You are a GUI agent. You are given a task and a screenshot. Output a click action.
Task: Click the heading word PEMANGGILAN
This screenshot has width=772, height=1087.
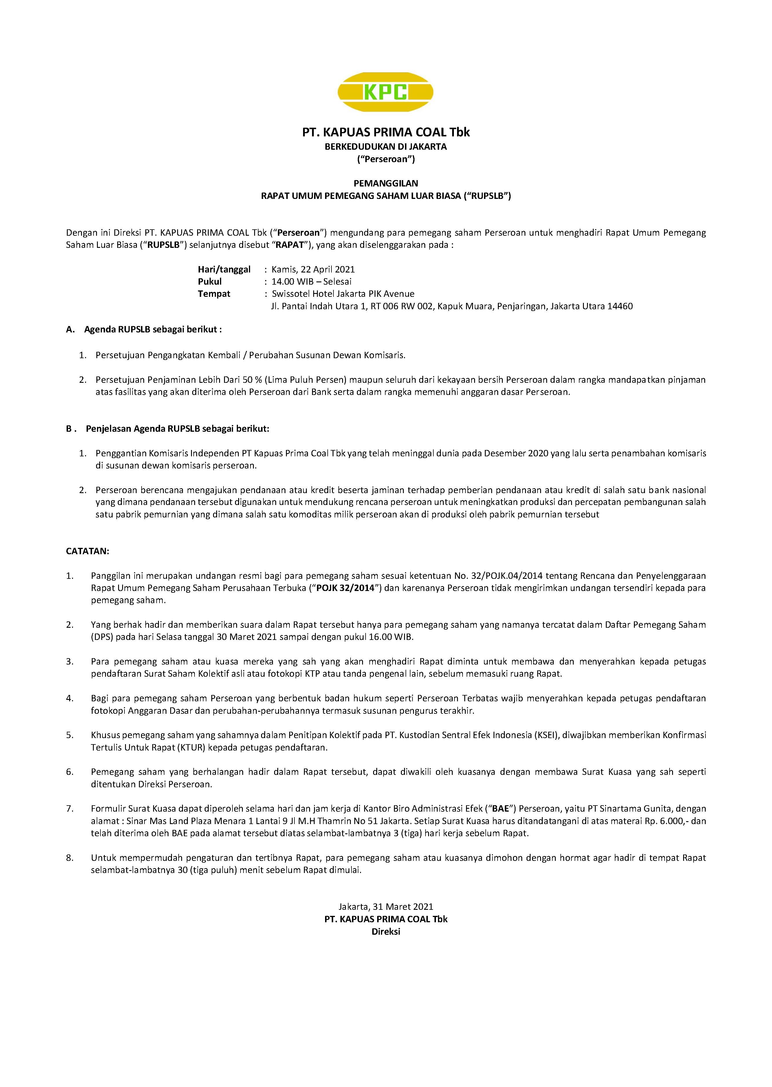point(386,183)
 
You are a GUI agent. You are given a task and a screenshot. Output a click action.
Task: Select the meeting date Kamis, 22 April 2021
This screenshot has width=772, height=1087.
point(313,269)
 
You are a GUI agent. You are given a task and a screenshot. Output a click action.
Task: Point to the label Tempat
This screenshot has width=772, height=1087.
point(214,294)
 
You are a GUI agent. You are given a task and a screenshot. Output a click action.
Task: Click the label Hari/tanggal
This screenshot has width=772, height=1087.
point(224,269)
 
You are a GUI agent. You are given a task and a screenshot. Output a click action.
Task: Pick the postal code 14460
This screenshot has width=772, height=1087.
point(620,306)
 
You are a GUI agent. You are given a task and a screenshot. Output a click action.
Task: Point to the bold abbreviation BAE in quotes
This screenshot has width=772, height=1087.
point(500,809)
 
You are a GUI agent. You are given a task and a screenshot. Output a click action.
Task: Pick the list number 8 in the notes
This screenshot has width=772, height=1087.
point(69,858)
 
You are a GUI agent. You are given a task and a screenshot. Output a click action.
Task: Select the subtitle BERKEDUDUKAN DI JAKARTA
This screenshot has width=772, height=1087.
point(386,147)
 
